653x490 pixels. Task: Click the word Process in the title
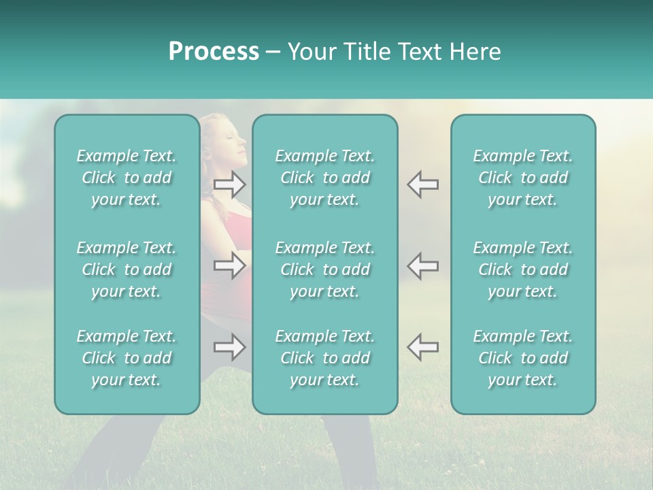click(214, 52)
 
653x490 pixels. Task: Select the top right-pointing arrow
click(230, 184)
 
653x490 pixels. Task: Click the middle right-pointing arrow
click(230, 265)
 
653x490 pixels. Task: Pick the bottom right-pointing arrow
click(230, 347)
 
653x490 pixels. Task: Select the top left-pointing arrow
click(422, 184)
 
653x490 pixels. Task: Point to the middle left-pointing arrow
click(422, 265)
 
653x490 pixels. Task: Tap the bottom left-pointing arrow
click(422, 347)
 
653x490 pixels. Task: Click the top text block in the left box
click(127, 178)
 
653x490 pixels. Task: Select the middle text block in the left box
click(127, 269)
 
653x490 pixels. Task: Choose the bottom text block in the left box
click(127, 358)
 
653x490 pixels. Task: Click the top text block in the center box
click(324, 178)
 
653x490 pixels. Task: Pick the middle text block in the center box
click(324, 269)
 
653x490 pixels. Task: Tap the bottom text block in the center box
click(324, 358)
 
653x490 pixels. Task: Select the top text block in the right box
click(522, 178)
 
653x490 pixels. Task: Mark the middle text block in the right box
click(522, 269)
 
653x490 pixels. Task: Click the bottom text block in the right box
click(522, 358)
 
